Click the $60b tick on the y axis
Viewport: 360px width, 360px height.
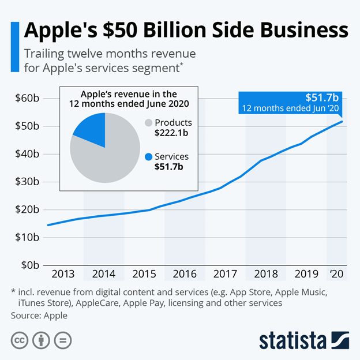(27, 98)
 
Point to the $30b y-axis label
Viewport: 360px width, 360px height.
(27, 182)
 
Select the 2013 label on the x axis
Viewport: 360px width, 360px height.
(62, 273)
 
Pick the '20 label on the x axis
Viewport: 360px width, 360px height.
(336, 273)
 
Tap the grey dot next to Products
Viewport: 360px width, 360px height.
(149, 123)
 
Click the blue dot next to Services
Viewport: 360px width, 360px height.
(149, 156)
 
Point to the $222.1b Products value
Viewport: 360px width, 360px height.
(173, 133)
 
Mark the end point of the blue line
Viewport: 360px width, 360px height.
(343, 121)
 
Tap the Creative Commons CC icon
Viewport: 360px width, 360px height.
(20, 340)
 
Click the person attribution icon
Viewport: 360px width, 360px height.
(42, 340)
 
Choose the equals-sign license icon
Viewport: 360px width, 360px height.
(63, 340)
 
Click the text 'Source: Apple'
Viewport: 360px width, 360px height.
(39, 316)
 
